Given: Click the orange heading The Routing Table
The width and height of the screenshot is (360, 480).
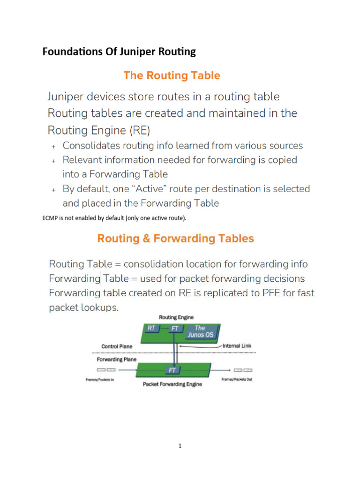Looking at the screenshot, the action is coord(172,75).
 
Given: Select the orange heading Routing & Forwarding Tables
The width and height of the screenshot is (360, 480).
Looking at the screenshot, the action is coord(175,239).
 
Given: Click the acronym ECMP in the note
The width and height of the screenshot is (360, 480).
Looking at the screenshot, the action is coord(50,218).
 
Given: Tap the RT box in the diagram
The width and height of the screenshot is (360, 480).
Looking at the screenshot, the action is coord(151,329).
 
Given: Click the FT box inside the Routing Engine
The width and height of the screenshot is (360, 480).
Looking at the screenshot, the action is coord(175,329).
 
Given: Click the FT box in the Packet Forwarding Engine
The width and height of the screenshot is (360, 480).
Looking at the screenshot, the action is coord(172,370).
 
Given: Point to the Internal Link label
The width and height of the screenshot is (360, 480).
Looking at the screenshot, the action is coord(237,346).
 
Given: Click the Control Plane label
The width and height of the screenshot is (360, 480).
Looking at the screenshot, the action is coord(117,346).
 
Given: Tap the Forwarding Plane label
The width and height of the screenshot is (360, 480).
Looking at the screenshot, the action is coord(117,360).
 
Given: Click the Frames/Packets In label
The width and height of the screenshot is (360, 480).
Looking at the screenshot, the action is coord(99,380).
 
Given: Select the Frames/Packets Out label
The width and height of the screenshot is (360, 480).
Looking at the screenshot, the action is coord(237,379).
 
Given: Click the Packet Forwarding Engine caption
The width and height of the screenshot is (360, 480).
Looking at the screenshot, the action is coord(172,384).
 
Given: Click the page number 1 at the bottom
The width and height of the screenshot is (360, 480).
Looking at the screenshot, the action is coord(180,446).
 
